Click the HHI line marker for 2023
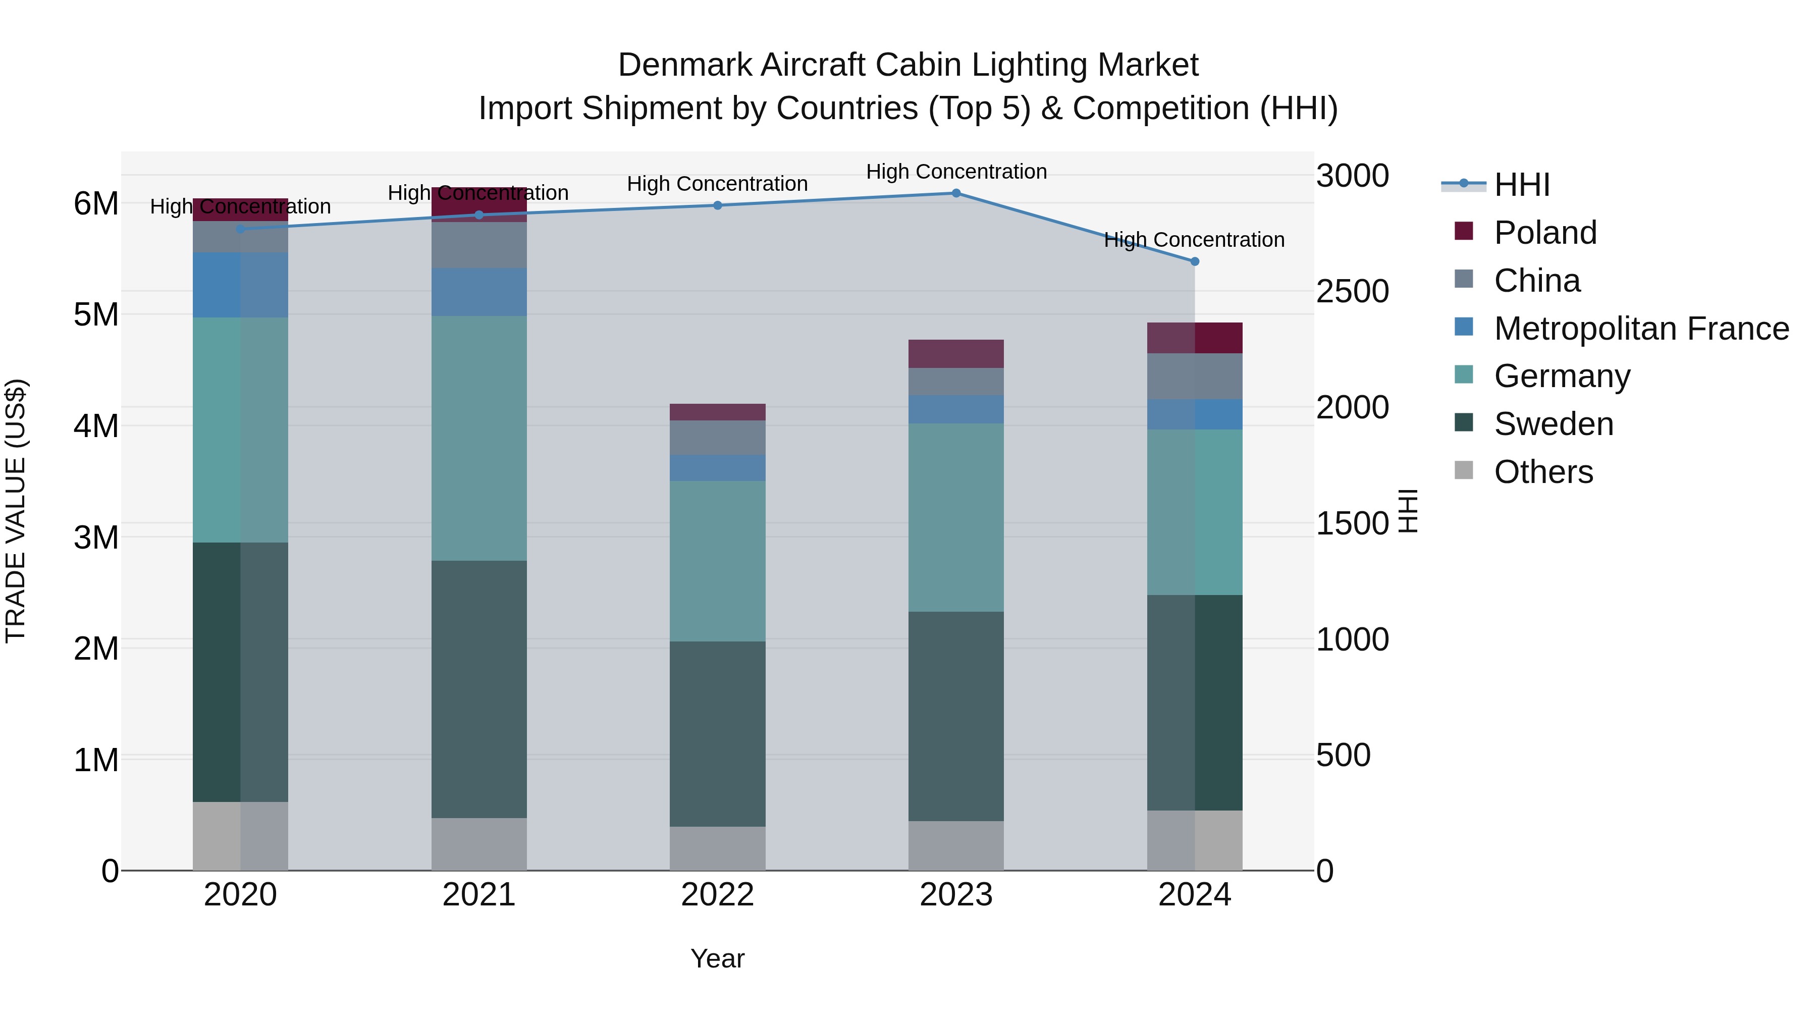pos(956,193)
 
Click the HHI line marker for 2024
pos(1194,261)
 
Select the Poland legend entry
pos(1545,233)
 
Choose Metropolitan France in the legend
pos(1641,329)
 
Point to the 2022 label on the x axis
pos(717,895)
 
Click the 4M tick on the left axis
pos(96,426)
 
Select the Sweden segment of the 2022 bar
pos(717,733)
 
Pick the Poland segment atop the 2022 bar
pos(717,412)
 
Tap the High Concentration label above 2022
pos(717,184)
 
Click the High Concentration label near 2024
pos(1194,240)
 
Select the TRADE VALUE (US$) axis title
pos(16,511)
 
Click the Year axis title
pos(717,958)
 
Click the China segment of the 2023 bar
pos(956,382)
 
